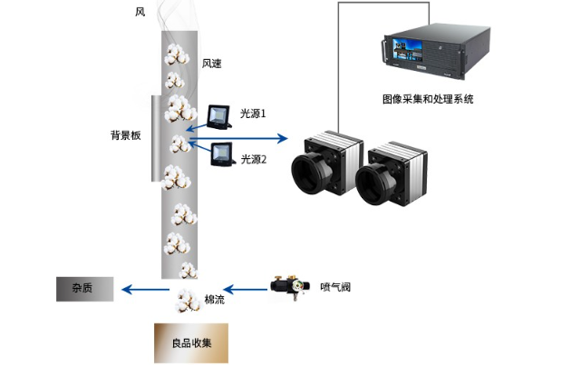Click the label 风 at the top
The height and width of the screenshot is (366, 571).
point(140,12)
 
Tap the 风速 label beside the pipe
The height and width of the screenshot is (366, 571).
point(211,64)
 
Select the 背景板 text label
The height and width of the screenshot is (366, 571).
point(125,134)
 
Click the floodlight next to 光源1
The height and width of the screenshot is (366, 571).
point(218,115)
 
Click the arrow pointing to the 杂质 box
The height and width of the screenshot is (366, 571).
point(145,290)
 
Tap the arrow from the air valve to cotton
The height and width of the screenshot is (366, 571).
point(243,290)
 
